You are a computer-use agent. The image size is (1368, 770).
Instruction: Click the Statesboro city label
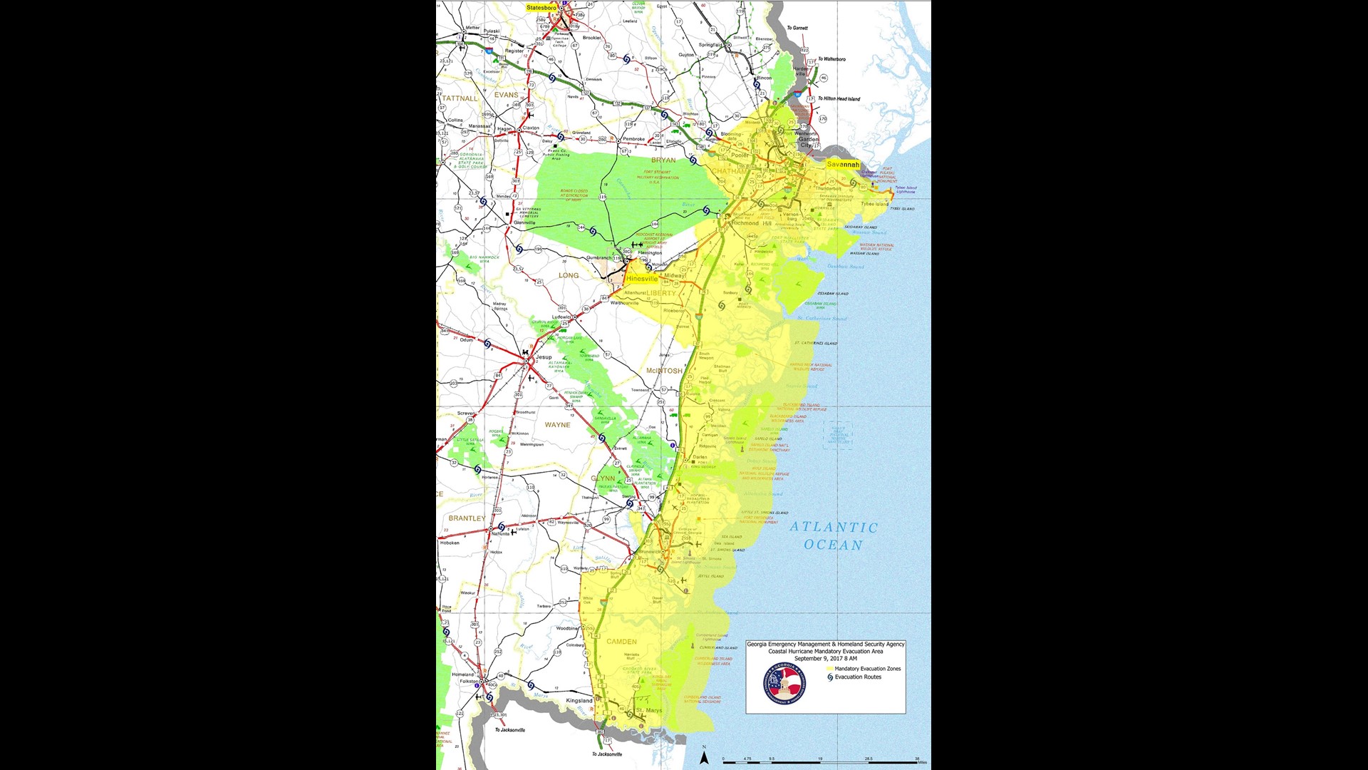[541, 8]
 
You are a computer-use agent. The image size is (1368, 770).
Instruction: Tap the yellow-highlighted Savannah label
[842, 165]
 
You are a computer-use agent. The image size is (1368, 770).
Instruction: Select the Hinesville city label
[642, 279]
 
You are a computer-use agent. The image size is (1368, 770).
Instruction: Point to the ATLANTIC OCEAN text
[834, 536]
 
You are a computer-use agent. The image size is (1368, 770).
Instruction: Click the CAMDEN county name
[621, 642]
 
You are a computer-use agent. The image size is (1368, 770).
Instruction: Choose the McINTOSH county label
[664, 371]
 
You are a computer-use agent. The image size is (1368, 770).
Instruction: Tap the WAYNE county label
[557, 425]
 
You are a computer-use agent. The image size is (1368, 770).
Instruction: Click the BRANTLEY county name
[467, 518]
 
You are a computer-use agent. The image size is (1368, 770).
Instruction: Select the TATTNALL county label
[460, 98]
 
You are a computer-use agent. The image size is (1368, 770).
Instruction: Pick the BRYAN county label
[663, 160]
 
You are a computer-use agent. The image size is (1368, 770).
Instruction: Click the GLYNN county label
[603, 478]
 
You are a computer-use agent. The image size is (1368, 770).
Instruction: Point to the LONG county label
[569, 275]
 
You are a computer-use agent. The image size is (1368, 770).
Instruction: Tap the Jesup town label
[544, 357]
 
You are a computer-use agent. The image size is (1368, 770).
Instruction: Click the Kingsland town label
[579, 701]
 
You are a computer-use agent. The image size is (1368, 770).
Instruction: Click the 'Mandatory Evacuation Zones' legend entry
[867, 669]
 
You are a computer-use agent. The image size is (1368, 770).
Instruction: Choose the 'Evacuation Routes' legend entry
[858, 677]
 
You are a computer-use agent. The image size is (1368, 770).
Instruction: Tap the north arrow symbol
[704, 757]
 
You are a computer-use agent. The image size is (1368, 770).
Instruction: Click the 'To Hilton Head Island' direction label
[839, 99]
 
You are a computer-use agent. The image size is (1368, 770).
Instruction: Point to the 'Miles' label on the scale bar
[923, 763]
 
